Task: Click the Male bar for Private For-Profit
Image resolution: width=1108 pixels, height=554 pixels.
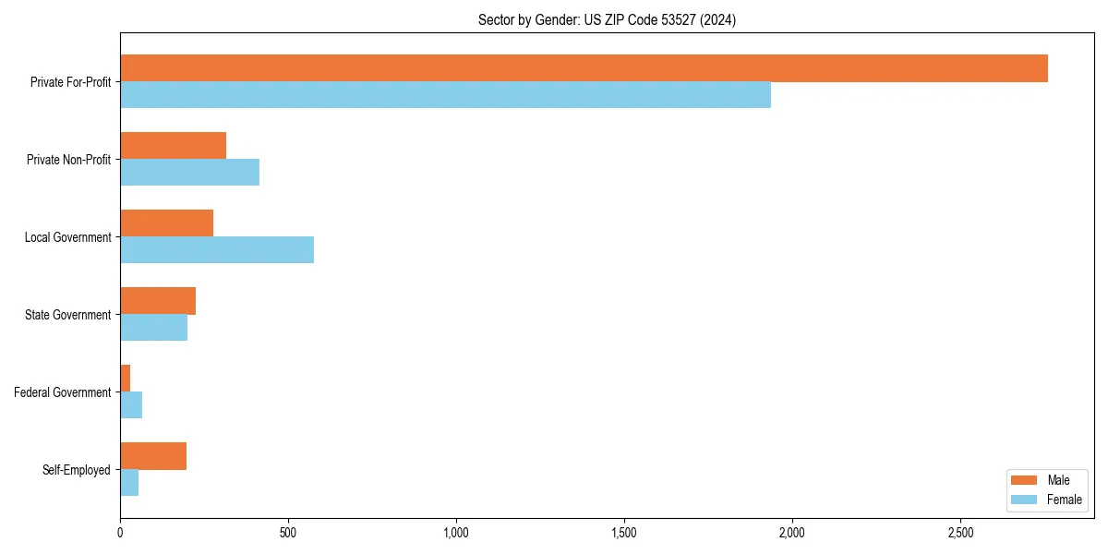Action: pos(584,68)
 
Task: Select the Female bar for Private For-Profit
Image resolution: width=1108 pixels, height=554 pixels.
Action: pos(445,95)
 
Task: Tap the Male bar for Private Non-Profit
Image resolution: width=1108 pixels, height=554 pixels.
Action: pos(174,146)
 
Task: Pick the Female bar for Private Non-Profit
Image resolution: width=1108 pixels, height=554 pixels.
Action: pos(190,173)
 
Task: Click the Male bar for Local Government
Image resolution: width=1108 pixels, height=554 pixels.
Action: pos(167,223)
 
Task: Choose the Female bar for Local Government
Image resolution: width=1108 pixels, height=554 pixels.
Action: pos(217,250)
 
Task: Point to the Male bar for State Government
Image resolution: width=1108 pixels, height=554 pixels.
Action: pos(158,301)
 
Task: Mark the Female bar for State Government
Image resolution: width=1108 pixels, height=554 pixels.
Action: pos(154,328)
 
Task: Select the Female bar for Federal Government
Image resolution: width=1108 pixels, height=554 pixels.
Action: pos(131,405)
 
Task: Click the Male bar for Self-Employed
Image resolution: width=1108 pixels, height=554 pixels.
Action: pos(153,456)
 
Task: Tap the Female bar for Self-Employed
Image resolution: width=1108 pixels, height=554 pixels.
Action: pos(129,483)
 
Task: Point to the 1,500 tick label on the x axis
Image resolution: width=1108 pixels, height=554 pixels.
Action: pos(624,533)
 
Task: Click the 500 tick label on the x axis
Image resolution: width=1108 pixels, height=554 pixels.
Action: pos(288,533)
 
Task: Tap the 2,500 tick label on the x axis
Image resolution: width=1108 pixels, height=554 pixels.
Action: pos(960,533)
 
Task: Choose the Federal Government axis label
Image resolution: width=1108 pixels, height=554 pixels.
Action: pos(63,392)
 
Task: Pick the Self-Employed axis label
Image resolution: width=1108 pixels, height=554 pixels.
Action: pos(77,470)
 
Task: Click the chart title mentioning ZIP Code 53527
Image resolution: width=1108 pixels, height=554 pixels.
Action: pos(607,19)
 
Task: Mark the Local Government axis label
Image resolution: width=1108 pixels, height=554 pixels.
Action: pos(67,237)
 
